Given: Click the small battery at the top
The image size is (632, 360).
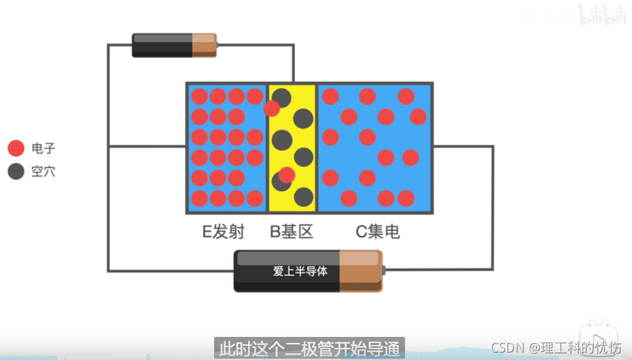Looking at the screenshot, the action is pos(174,45).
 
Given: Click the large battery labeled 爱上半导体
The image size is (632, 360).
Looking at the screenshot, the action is pos(308,271).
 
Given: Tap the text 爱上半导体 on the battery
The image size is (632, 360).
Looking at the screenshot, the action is pos(300,272).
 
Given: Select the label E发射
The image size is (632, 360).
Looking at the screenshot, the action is pos(223,232).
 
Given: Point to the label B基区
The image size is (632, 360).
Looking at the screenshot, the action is pos(292,232).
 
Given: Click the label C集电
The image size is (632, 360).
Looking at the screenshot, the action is pos(378,232).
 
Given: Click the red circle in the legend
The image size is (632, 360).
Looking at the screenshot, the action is pos(16,148).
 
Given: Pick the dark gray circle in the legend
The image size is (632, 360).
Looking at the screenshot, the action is pos(16,171).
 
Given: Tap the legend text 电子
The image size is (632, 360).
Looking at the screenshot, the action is pos(43,148).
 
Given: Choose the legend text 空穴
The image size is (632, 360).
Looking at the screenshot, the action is pos(43,171).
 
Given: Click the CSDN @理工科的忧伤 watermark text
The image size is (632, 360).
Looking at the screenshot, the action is pos(555,348).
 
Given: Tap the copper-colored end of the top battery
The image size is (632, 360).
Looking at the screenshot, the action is pos(204,45).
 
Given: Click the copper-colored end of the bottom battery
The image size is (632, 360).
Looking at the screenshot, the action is pos(359,271).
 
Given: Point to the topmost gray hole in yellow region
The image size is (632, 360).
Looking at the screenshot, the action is pos(282,97).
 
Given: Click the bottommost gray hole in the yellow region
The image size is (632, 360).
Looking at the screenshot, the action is pos(303,198).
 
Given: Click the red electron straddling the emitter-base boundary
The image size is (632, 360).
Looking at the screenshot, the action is pos(272,108).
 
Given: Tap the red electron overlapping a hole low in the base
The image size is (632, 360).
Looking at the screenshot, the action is pos(287,175).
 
